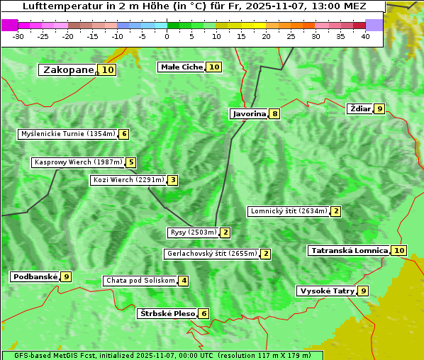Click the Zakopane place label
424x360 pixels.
pyautogui.click(x=69, y=70)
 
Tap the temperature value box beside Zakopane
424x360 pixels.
pyautogui.click(x=108, y=70)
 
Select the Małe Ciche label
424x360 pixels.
pyautogui.click(x=182, y=67)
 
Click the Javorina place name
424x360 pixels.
pyautogui.click(x=249, y=113)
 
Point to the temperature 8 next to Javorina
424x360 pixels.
pyautogui.click(x=274, y=113)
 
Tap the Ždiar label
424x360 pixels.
pyautogui.click(x=360, y=108)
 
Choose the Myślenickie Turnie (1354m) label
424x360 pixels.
pyautogui.click(x=67, y=134)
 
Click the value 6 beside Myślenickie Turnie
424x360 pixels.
pyautogui.click(x=124, y=134)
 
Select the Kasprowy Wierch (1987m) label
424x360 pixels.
pyautogui.click(x=78, y=162)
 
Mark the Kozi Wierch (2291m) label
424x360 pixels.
pyautogui.click(x=128, y=180)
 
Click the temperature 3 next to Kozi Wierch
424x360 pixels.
pyautogui.click(x=173, y=180)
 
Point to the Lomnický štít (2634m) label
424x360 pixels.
pyautogui.click(x=289, y=211)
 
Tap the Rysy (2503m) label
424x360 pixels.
pyautogui.click(x=193, y=232)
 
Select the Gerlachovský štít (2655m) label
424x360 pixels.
pyautogui.click(x=211, y=254)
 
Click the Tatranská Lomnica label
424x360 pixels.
pyautogui.click(x=349, y=250)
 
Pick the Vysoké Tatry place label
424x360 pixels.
pyautogui.click(x=326, y=291)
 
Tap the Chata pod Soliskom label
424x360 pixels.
pyautogui.click(x=140, y=281)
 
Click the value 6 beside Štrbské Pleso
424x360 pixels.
pyautogui.click(x=204, y=314)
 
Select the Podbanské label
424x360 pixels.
pyautogui.click(x=34, y=276)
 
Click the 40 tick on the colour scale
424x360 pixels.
pyautogui.click(x=365, y=36)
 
